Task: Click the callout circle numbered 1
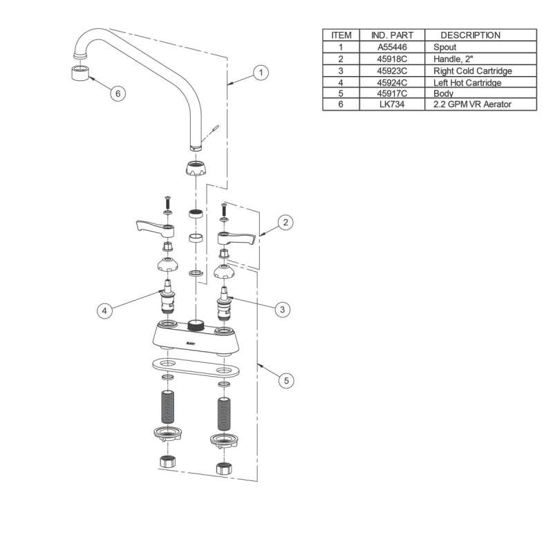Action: [x=261, y=71]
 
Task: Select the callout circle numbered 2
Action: [x=285, y=223]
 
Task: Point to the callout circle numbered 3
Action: [x=281, y=310]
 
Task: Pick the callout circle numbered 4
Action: [x=104, y=311]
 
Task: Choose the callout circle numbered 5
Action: [x=285, y=379]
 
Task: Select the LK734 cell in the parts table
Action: [x=391, y=104]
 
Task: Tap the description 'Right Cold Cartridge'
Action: [x=472, y=71]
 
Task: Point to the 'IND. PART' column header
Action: [x=391, y=35]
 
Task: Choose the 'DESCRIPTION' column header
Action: [x=470, y=35]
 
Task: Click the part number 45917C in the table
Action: [x=391, y=93]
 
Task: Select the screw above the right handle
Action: [x=223, y=209]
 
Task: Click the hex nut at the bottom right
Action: [x=223, y=467]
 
